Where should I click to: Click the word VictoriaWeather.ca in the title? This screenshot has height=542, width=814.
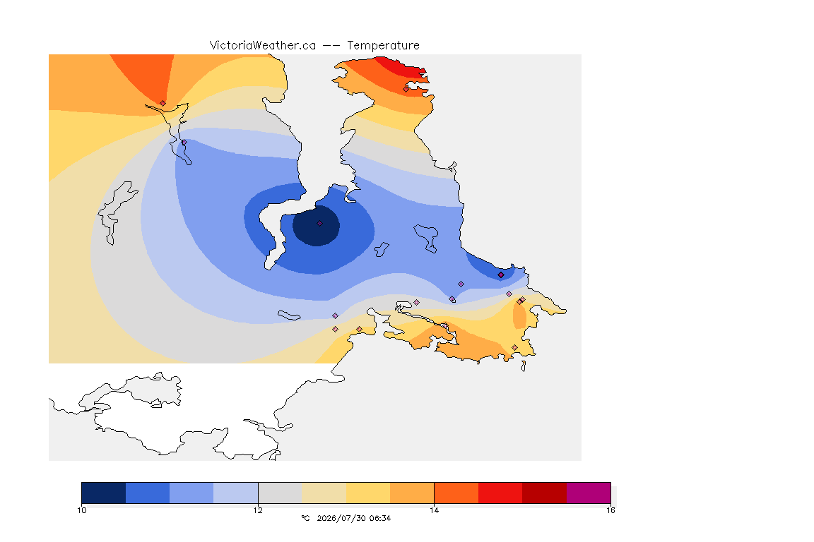263,46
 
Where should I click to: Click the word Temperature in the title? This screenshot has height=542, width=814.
383,46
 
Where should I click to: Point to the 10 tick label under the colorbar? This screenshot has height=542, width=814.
82,510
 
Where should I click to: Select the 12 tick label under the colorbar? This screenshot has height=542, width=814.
258,510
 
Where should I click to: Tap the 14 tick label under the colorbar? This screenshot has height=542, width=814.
434,510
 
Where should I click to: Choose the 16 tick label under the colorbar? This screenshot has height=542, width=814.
610,510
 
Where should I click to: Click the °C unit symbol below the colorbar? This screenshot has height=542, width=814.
305,518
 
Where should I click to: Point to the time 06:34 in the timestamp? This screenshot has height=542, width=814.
380,518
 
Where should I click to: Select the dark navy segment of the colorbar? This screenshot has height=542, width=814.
104,493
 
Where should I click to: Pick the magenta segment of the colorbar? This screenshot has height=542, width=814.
589,493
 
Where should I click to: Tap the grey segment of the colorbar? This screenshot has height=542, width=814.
281,493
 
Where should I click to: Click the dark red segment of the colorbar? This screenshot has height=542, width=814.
545,493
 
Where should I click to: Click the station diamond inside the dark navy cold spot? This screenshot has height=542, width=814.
320,224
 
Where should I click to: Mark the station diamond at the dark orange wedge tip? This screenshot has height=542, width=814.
163,104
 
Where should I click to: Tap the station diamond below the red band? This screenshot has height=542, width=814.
406,89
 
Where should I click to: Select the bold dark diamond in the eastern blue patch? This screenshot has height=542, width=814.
501,275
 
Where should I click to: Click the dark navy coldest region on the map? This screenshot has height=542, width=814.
316,226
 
